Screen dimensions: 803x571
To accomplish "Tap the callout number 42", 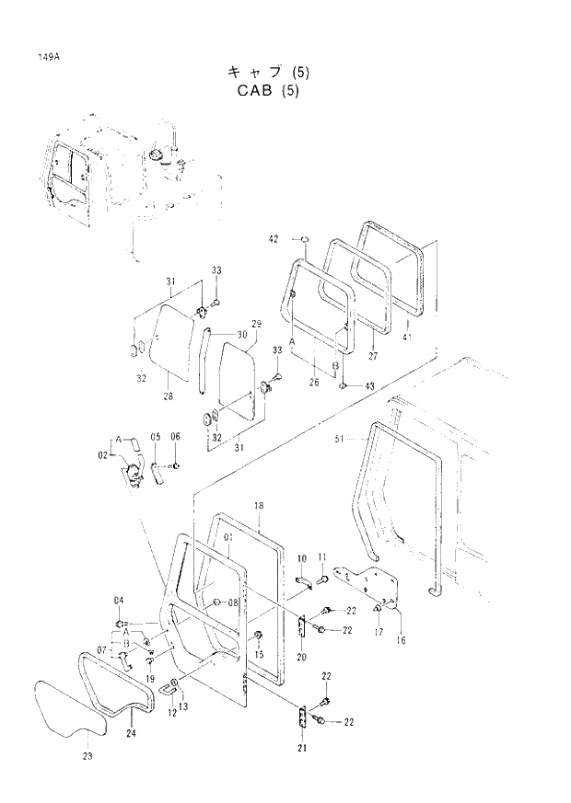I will [x=274, y=239].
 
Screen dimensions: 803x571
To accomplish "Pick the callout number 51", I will [x=338, y=440].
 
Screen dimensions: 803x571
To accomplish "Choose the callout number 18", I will [x=259, y=506].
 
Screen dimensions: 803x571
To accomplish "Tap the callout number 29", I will [x=257, y=324].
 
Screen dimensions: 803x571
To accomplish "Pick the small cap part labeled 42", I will [x=302, y=241].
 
